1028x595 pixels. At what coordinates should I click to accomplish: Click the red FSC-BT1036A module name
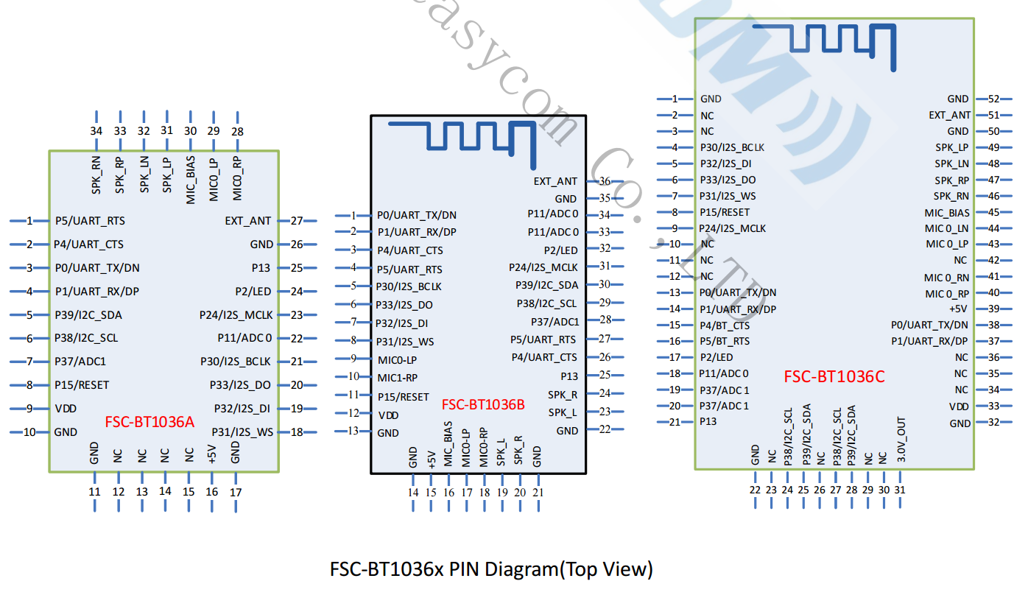coord(149,422)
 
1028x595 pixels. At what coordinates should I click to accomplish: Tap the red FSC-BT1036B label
coord(483,404)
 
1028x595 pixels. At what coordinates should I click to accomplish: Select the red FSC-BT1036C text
coord(834,377)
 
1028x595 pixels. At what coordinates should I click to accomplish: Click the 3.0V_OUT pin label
coord(901,440)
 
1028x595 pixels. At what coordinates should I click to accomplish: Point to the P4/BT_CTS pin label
coord(725,325)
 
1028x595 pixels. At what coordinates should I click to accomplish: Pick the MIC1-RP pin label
coord(398,378)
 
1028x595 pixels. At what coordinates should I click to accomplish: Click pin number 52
coord(993,99)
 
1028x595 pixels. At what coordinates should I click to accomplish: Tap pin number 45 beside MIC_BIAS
coord(993,212)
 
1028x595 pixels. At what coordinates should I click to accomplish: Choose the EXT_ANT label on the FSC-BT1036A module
coord(248,221)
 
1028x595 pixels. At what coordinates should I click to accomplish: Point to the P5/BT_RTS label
coord(725,341)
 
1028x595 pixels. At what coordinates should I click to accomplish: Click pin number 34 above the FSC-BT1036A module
coord(96,131)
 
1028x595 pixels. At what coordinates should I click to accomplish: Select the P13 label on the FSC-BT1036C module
coord(708,422)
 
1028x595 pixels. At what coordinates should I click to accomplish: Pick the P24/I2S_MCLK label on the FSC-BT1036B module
coord(543,267)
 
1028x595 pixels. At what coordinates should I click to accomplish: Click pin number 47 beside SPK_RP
coord(993,180)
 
